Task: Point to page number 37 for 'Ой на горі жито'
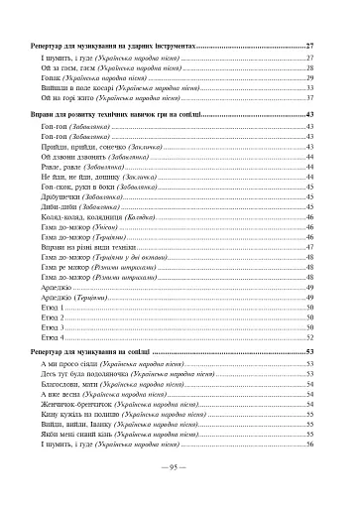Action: pyautogui.click(x=310, y=99)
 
